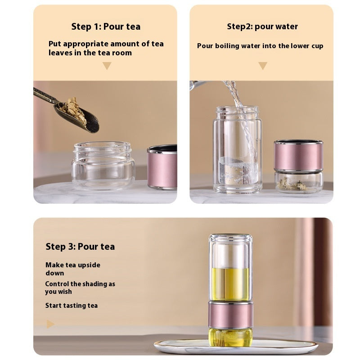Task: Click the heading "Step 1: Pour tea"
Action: click(106, 27)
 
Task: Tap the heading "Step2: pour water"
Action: click(262, 27)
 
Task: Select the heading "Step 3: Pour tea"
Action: click(80, 247)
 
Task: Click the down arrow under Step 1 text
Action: click(107, 66)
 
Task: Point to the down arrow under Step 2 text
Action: click(263, 66)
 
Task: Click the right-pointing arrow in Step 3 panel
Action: click(50, 324)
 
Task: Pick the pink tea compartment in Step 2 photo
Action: click(298, 155)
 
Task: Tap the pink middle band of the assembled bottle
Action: click(230, 315)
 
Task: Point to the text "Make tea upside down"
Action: click(72, 269)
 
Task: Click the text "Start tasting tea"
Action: click(71, 306)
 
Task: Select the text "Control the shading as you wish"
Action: click(80, 288)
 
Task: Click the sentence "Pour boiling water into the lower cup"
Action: click(260, 46)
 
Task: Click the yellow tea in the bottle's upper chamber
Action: click(230, 283)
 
